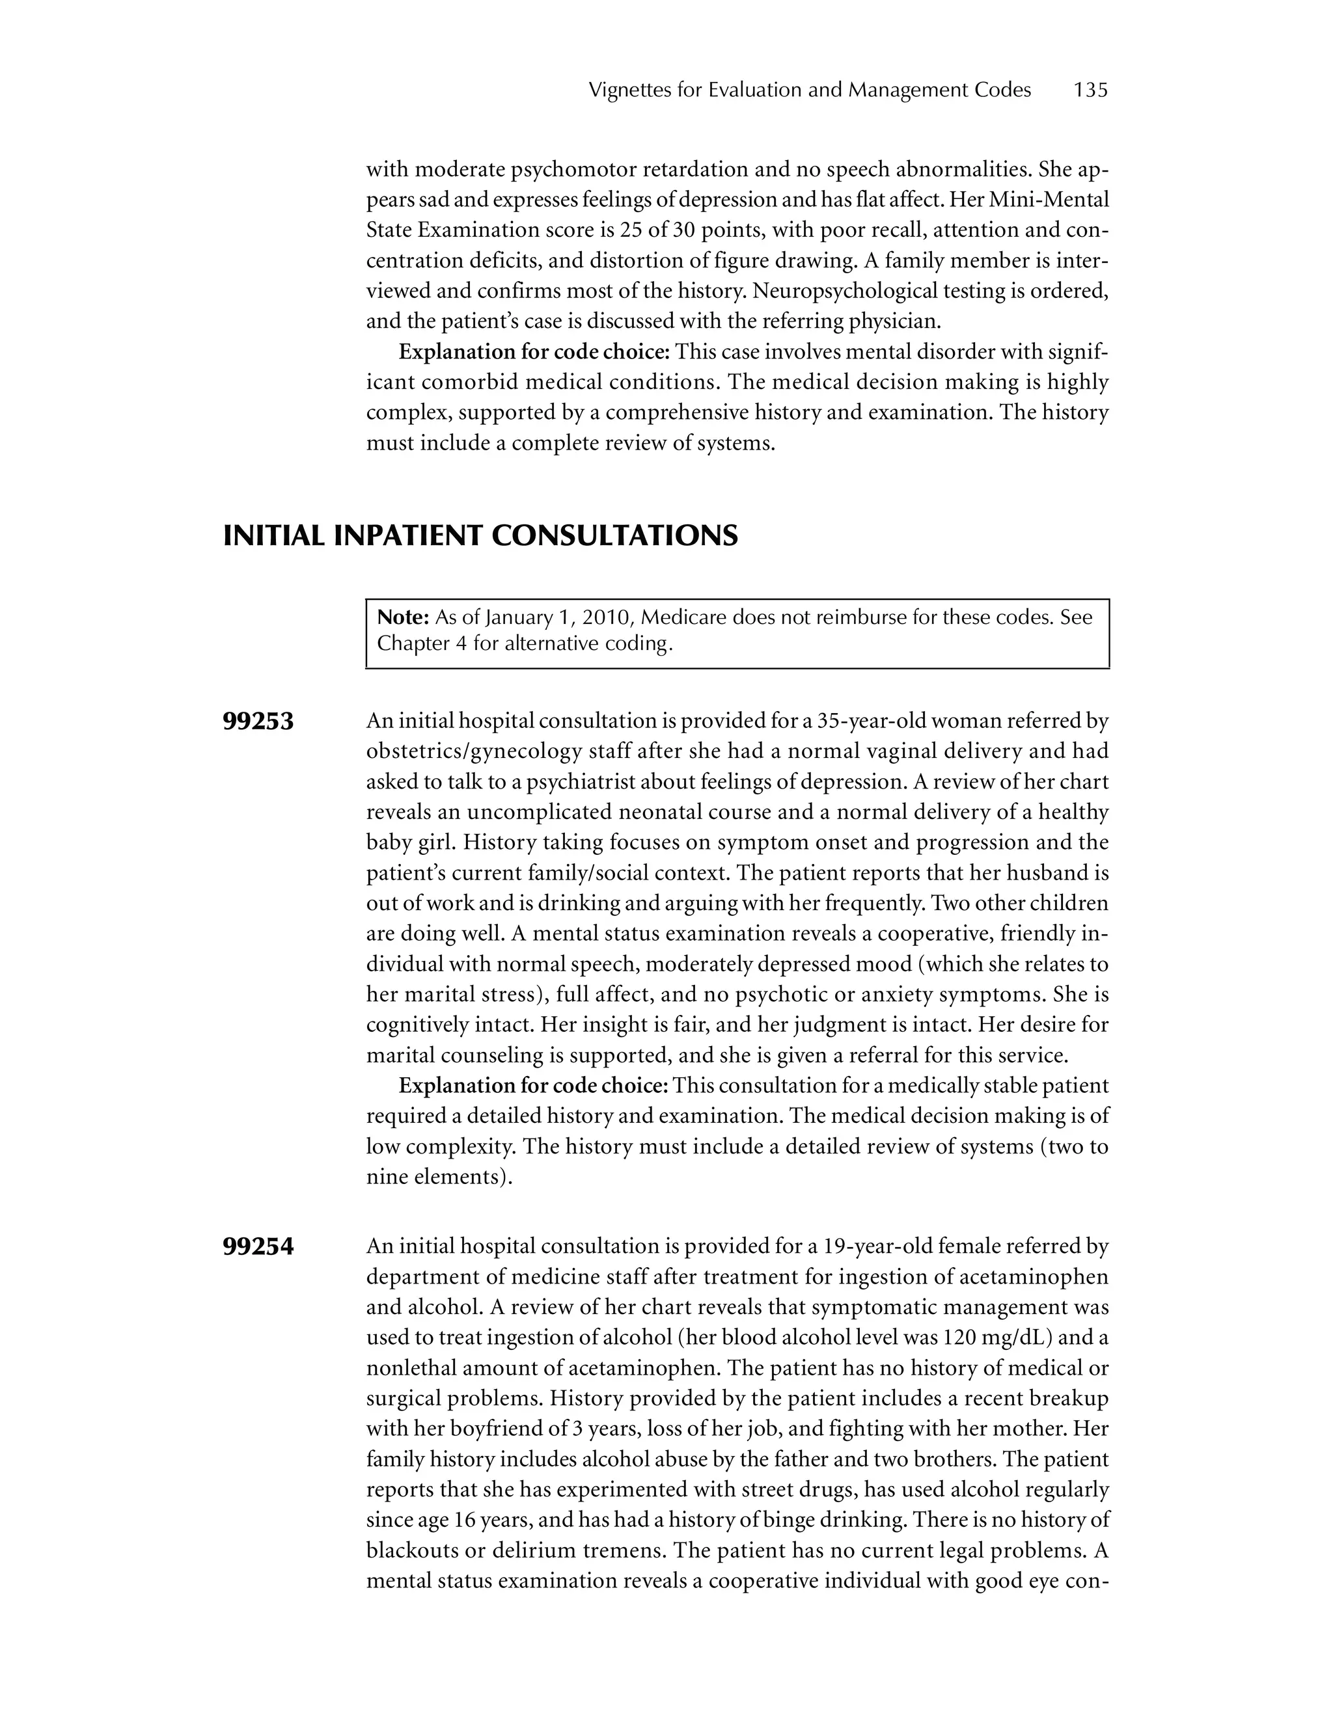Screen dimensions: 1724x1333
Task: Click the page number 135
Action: tap(1091, 90)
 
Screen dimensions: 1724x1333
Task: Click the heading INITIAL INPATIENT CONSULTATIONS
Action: tap(480, 536)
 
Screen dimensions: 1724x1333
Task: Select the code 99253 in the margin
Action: tap(258, 721)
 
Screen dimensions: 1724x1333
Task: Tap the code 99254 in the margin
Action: tap(258, 1247)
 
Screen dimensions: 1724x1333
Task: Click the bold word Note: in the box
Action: tap(403, 617)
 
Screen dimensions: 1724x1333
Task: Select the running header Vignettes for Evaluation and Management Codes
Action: tap(810, 90)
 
